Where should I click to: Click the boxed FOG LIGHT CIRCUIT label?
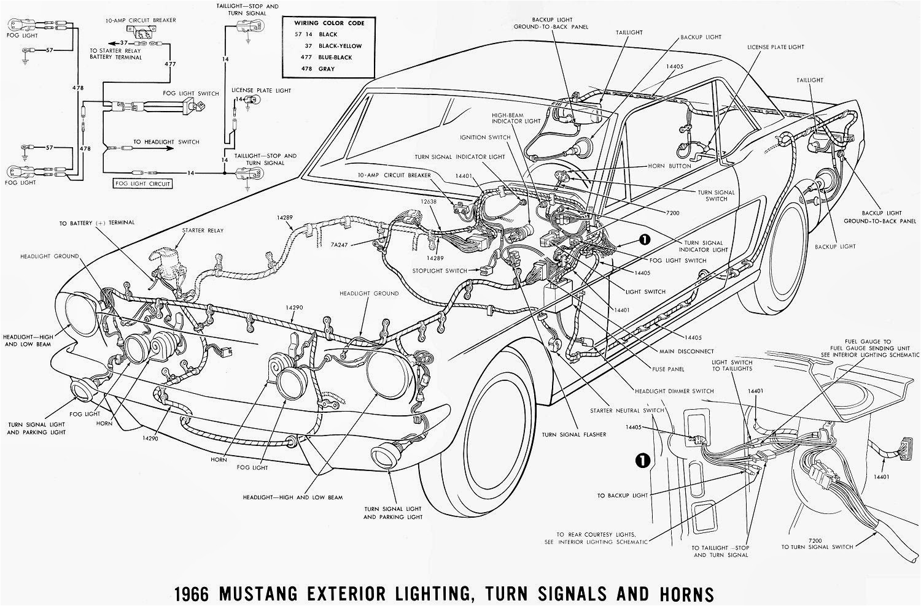pyautogui.click(x=142, y=183)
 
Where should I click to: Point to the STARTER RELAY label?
pyautogui.click(x=203, y=231)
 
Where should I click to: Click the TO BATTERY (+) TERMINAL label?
pyautogui.click(x=96, y=223)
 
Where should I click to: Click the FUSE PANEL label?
pyautogui.click(x=669, y=369)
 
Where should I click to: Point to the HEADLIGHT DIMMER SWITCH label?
pyautogui.click(x=676, y=391)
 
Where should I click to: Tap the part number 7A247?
pyautogui.click(x=339, y=244)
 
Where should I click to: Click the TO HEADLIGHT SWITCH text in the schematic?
pyautogui.click(x=166, y=142)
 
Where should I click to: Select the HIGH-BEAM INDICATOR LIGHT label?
pyautogui.click(x=516, y=118)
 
